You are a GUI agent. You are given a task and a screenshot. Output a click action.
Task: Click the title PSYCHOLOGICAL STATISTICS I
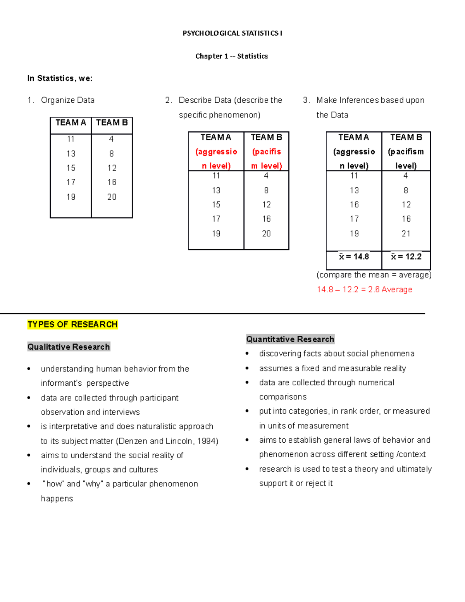pos(232,33)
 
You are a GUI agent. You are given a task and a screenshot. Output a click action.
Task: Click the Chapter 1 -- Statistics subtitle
pos(231,56)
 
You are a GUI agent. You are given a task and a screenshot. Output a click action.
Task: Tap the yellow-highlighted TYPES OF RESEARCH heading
pos(72,324)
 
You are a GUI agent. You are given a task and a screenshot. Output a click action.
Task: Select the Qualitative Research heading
pos(69,347)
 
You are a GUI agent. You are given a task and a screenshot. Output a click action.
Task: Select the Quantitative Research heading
pos(290,339)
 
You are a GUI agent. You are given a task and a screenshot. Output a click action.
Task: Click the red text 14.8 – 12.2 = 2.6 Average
pos(364,290)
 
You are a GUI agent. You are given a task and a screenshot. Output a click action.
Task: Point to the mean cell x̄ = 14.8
pos(354,257)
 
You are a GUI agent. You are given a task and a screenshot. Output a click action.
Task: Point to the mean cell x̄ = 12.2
pos(406,257)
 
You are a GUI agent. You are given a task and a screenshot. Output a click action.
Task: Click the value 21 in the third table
pos(406,234)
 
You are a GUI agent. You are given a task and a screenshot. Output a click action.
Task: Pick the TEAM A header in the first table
pos(71,123)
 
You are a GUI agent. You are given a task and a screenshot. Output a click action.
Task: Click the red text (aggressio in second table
pos(216,152)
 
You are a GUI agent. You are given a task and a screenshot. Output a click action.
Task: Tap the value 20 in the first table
pos(112,197)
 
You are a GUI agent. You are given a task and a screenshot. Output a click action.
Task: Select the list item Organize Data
pos(67,100)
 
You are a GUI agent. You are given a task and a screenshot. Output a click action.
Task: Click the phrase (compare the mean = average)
pos(374,275)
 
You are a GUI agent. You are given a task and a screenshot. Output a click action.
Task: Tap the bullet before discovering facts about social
pos(247,354)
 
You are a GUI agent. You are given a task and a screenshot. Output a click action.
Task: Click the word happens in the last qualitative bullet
pos(57,499)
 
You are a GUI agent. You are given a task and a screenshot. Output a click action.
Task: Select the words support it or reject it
pos(296,483)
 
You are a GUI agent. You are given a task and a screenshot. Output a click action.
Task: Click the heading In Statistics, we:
pos(60,78)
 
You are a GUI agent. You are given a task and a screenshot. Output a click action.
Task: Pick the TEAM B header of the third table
pos(406,138)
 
